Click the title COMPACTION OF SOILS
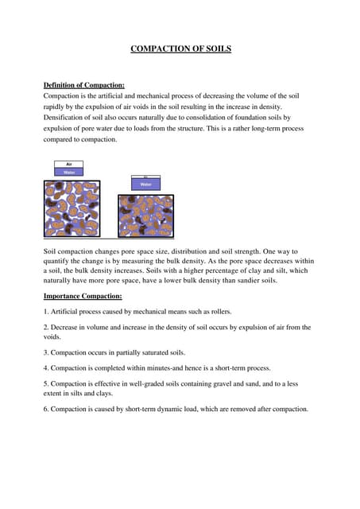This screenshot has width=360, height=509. (180, 49)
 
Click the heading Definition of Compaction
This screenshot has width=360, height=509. (83, 85)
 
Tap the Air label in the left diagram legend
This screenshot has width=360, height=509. (68, 164)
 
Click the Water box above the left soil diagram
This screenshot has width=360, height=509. (68, 171)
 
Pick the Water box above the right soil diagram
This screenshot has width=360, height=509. (145, 184)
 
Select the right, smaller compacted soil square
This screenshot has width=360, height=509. (145, 216)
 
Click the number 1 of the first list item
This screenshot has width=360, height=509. (45, 311)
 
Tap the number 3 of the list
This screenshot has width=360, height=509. (45, 352)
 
